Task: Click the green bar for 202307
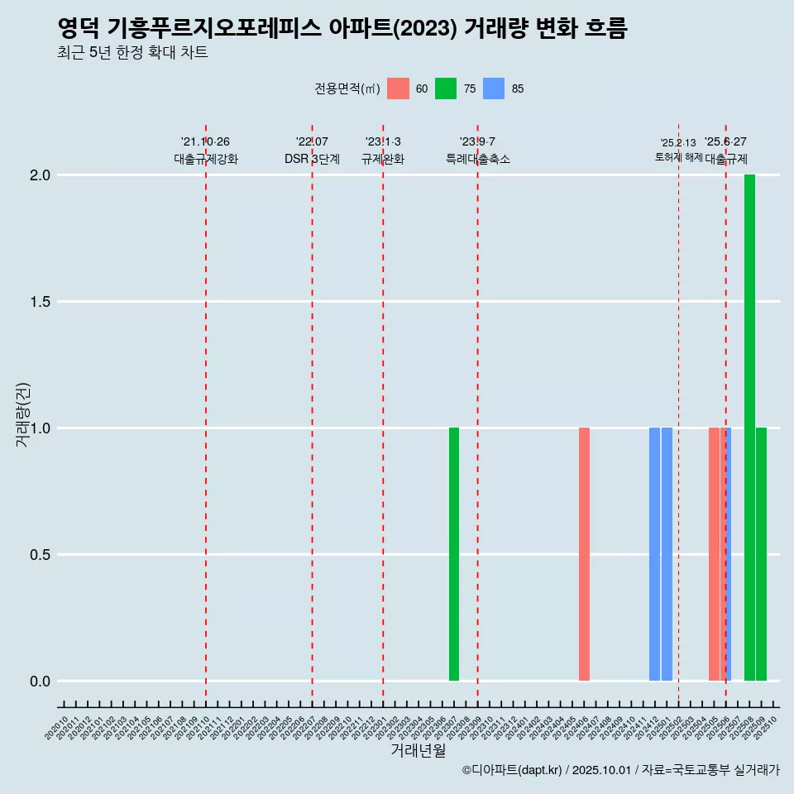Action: point(454,554)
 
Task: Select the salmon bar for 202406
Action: point(584,554)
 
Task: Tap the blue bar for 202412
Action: point(654,554)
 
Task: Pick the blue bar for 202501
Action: point(667,554)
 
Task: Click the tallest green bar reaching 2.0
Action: point(749,428)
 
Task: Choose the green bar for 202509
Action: point(761,554)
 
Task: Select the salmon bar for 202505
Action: point(714,554)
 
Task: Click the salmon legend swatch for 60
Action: point(398,88)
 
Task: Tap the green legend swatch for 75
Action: point(446,88)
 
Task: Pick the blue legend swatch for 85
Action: point(494,88)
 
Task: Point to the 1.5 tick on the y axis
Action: point(41,302)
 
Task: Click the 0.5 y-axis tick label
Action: point(41,555)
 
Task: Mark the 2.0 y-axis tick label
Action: point(41,175)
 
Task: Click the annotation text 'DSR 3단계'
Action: point(312,160)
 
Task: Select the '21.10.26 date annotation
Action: point(205,142)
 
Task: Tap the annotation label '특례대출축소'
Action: point(477,160)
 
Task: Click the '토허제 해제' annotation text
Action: point(678,157)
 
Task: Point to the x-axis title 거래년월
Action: point(418,750)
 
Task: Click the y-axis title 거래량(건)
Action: point(23,415)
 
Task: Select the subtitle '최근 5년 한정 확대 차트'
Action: point(132,53)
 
